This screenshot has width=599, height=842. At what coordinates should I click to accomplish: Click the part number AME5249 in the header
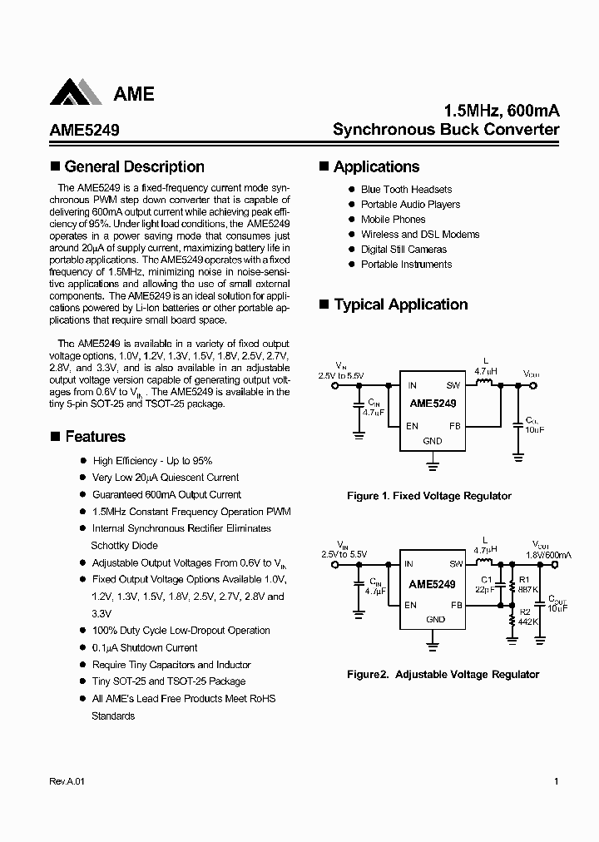(79, 130)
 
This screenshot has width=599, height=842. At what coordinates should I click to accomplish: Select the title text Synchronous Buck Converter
(446, 130)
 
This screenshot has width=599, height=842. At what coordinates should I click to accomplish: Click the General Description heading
(134, 167)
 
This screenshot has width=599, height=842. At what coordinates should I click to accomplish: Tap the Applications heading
(376, 167)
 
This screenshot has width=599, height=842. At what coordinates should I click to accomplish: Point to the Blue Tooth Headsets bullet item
(406, 190)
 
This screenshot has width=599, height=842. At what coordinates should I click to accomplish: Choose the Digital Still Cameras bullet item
(403, 250)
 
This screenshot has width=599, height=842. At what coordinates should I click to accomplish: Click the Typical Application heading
(400, 305)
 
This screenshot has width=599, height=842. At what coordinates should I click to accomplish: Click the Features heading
(95, 437)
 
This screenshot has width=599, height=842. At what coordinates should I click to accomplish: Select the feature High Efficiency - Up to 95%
(152, 461)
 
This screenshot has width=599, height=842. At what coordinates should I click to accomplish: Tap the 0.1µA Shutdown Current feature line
(145, 648)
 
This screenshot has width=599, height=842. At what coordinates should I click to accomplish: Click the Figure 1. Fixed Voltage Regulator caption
(428, 496)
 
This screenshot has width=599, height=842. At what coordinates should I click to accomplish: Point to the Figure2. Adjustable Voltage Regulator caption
(443, 675)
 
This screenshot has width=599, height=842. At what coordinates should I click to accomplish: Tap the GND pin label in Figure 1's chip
(433, 441)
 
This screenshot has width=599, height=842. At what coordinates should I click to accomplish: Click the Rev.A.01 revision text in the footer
(62, 782)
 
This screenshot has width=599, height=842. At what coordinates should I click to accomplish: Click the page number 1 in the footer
(555, 782)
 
